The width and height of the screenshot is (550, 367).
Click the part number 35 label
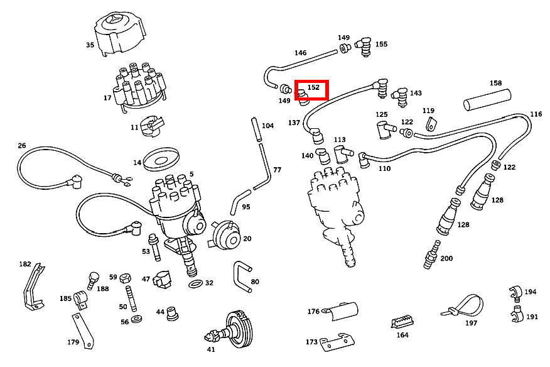(x=90, y=45)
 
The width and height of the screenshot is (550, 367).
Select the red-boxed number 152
(x=313, y=88)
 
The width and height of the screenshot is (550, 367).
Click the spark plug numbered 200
(x=431, y=253)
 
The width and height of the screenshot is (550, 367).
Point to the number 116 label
(x=536, y=114)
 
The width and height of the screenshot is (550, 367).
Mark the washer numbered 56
(x=137, y=321)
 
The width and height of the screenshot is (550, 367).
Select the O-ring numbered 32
(x=195, y=285)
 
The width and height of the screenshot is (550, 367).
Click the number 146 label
(x=300, y=53)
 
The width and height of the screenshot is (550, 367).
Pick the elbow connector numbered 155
(x=364, y=46)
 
